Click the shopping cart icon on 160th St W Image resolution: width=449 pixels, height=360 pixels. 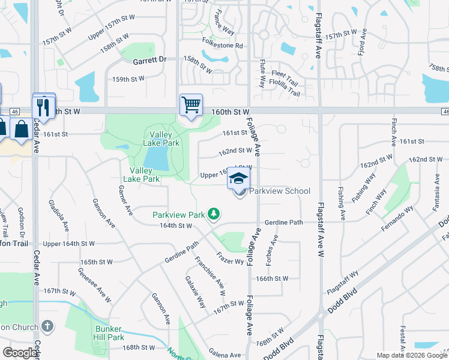[x=191, y=105]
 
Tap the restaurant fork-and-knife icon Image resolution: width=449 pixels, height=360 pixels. [x=43, y=107]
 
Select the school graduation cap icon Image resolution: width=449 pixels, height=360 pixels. [x=238, y=178]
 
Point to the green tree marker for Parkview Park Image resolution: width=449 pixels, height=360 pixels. [x=213, y=214]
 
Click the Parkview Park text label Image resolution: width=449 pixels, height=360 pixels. [x=179, y=214]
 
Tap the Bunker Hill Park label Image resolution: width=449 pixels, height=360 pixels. [x=109, y=333]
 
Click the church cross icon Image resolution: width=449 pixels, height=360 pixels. [x=47, y=326]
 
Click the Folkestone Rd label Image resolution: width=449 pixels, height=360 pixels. [x=222, y=46]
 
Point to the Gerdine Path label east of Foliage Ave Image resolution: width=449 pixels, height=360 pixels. [x=283, y=222]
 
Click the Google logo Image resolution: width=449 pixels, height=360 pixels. [x=20, y=353]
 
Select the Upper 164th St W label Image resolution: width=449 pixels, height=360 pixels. [x=69, y=244]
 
